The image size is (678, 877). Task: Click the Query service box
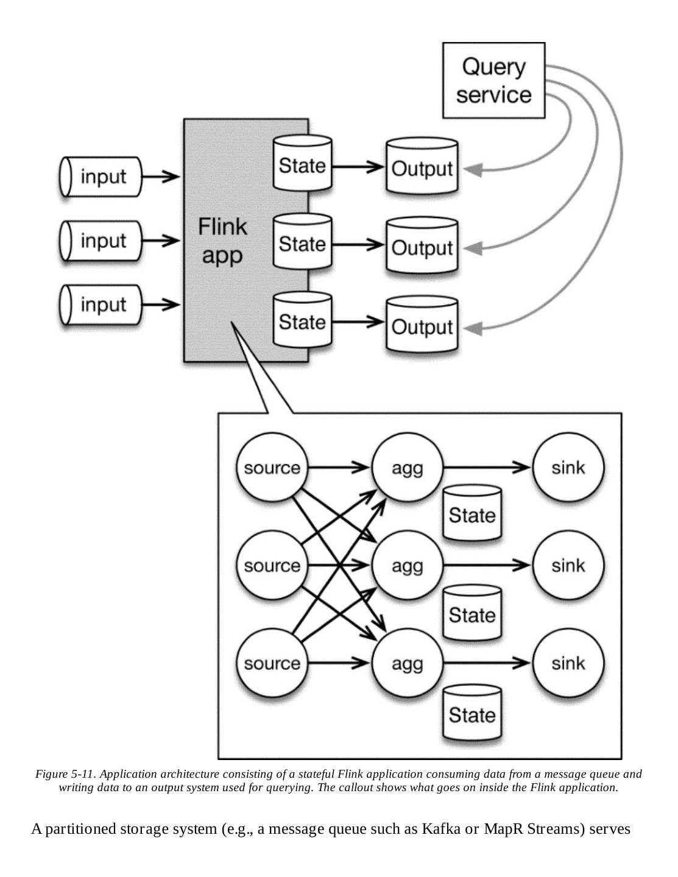(493, 80)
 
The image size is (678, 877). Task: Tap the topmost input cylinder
(101, 177)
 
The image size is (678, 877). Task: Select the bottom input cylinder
(101, 305)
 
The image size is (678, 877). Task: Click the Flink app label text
(222, 241)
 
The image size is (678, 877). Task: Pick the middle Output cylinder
(422, 247)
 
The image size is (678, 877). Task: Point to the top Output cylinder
(422, 168)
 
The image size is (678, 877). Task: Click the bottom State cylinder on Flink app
(302, 322)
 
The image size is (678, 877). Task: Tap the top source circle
(272, 468)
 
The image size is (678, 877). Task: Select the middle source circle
(272, 566)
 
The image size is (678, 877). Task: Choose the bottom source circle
(272, 663)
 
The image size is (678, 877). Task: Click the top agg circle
(407, 468)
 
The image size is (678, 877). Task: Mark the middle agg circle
(407, 566)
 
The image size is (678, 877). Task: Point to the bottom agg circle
(407, 663)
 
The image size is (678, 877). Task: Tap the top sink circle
(568, 468)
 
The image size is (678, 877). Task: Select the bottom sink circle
(568, 663)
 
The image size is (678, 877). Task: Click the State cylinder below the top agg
(472, 515)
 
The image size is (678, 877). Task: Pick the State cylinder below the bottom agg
(472, 714)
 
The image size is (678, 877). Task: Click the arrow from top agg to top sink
(487, 468)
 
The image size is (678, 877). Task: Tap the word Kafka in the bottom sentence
(440, 829)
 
